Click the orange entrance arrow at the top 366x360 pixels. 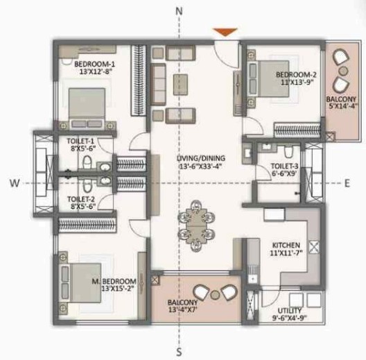(225, 32)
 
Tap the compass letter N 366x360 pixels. (180, 11)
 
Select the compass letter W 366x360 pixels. (12, 182)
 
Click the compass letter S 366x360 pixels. (180, 351)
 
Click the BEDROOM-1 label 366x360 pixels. (94, 65)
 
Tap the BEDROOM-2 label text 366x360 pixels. (296, 75)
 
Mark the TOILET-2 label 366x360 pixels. (80, 198)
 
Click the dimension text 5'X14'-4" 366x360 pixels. (340, 108)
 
